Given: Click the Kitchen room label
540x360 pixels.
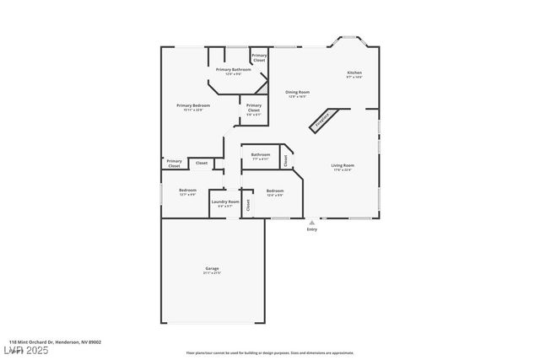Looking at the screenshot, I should tap(354, 73).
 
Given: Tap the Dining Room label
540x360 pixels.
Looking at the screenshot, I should tap(298, 92).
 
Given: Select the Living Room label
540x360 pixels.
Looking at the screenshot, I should tap(343, 165).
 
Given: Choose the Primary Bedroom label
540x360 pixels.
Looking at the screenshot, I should tap(193, 105).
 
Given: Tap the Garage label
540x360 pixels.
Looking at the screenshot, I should tap(212, 269).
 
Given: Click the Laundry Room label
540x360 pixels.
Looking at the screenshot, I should tap(225, 201).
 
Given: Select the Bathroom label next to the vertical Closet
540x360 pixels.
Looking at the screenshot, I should tap(261, 154).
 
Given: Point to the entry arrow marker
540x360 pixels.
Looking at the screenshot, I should tap(312, 222).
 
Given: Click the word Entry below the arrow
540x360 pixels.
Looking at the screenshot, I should tap(312, 229).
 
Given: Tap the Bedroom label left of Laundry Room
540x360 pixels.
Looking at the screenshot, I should tap(187, 190).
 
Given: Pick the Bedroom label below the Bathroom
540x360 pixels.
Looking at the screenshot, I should tap(275, 191).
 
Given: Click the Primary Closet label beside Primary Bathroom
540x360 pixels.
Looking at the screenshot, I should tap(260, 58).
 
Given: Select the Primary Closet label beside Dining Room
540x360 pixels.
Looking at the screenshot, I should tap(254, 108).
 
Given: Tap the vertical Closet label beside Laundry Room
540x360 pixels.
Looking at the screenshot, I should tap(248, 205).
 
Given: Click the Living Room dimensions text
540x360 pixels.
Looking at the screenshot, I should tap(343, 170).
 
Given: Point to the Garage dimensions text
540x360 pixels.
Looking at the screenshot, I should tap(212, 273).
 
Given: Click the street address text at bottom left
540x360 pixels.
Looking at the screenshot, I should tap(51, 341).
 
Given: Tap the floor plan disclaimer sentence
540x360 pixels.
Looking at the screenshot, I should tap(270, 353).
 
